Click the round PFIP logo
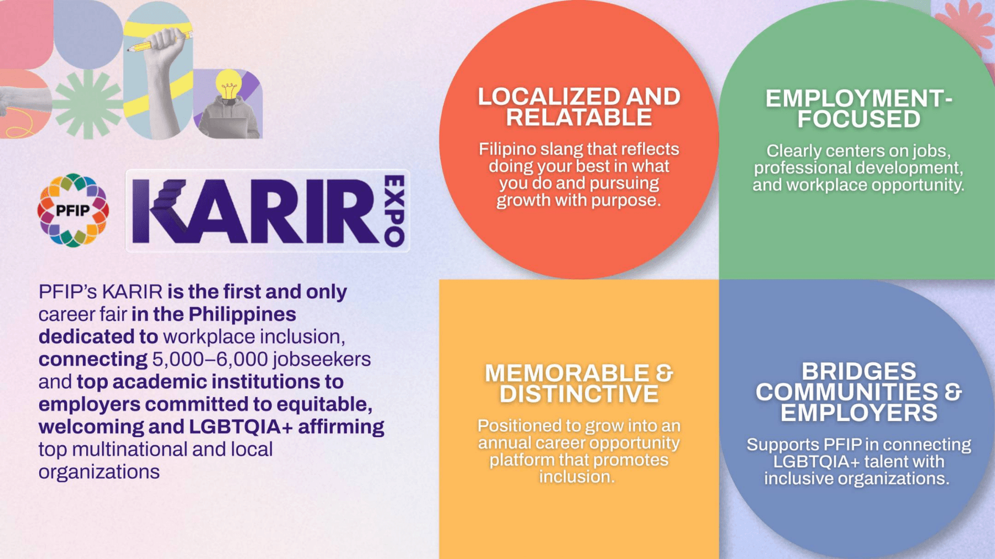[x=73, y=210]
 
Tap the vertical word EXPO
[x=395, y=211]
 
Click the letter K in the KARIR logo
[x=160, y=211]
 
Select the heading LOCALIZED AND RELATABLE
[x=579, y=107]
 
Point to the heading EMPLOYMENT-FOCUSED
[x=858, y=109]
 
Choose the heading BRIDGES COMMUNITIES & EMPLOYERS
[x=858, y=392]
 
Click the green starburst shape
[x=87, y=104]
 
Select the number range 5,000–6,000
[x=210, y=360]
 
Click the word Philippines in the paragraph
[x=242, y=315]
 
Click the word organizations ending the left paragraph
[x=99, y=472]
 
